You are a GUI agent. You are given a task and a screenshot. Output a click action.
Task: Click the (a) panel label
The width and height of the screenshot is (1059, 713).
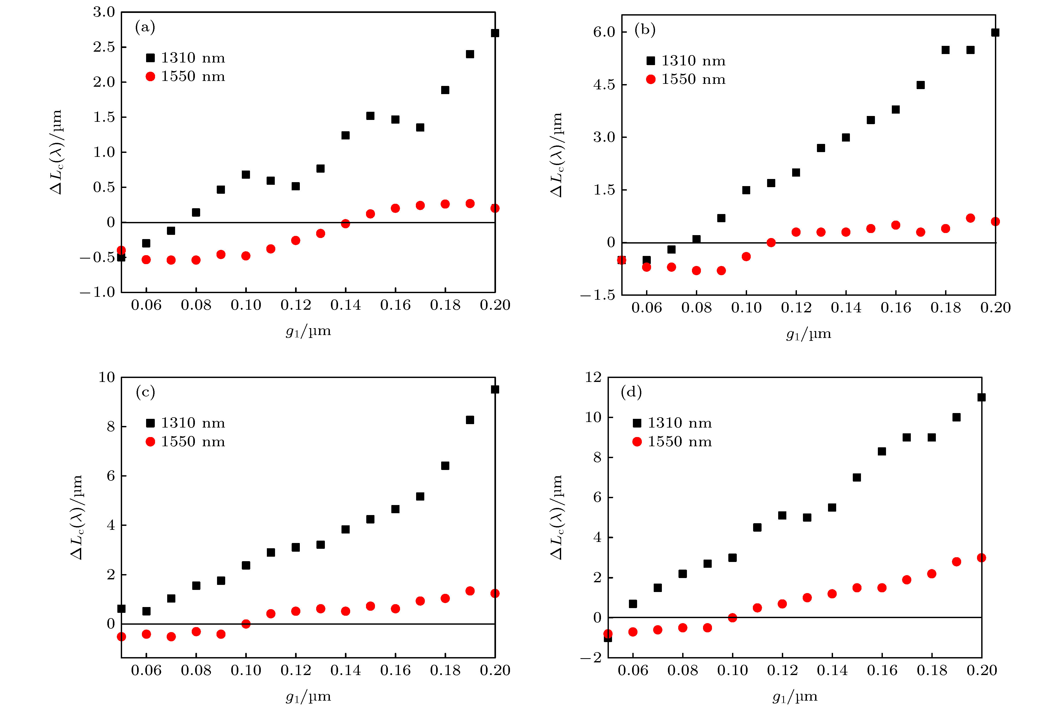[x=145, y=28]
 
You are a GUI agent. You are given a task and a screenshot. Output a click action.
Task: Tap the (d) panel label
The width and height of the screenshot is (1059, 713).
[x=631, y=392]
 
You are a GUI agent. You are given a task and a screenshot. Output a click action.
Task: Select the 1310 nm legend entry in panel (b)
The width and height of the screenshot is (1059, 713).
[x=686, y=60]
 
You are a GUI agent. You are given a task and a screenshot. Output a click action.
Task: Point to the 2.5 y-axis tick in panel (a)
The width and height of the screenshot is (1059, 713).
[x=104, y=47]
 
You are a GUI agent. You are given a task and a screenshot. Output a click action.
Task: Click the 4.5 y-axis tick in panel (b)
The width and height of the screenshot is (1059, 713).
[x=604, y=85]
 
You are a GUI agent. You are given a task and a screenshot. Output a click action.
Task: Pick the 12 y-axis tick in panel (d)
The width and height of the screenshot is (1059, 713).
[x=593, y=377]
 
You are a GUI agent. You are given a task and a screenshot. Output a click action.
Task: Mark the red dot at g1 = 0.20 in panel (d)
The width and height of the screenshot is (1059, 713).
[x=981, y=557]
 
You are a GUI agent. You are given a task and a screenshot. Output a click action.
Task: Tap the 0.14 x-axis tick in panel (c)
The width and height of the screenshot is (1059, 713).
[x=345, y=670]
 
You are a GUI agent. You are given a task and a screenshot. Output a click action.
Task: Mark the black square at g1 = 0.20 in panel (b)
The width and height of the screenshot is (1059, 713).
[x=995, y=32]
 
